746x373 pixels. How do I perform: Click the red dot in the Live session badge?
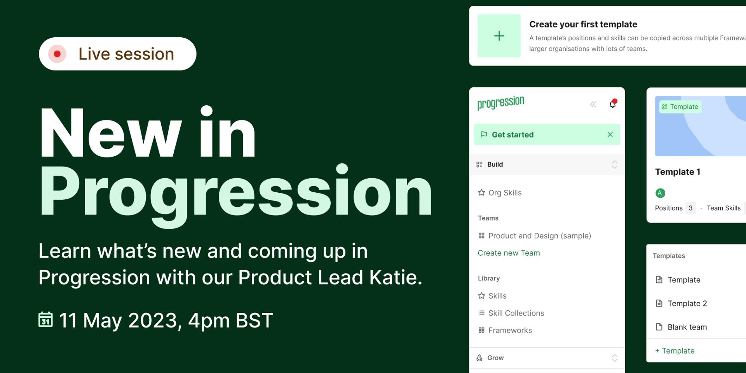(57, 54)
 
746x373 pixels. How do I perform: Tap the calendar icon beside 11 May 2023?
(45, 319)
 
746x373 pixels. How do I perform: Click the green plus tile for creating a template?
(499, 36)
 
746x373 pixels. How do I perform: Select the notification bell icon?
(613, 104)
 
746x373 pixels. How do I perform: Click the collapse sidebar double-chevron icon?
(593, 104)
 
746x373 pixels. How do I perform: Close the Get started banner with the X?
(610, 134)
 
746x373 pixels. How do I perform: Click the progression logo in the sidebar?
(500, 103)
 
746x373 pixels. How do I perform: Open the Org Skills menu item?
(505, 193)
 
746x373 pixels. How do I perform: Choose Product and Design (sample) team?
(539, 236)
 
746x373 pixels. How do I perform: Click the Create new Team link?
(509, 253)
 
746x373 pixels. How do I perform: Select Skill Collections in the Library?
(516, 313)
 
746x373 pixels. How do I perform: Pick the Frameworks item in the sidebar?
(510, 330)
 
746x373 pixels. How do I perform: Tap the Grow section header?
(495, 358)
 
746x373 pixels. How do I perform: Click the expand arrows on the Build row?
(614, 164)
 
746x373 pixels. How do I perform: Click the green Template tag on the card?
(680, 107)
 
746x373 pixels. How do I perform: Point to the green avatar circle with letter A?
(660, 193)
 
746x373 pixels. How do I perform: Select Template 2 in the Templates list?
(687, 303)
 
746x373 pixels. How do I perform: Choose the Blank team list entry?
(687, 327)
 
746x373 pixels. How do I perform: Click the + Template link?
(675, 351)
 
